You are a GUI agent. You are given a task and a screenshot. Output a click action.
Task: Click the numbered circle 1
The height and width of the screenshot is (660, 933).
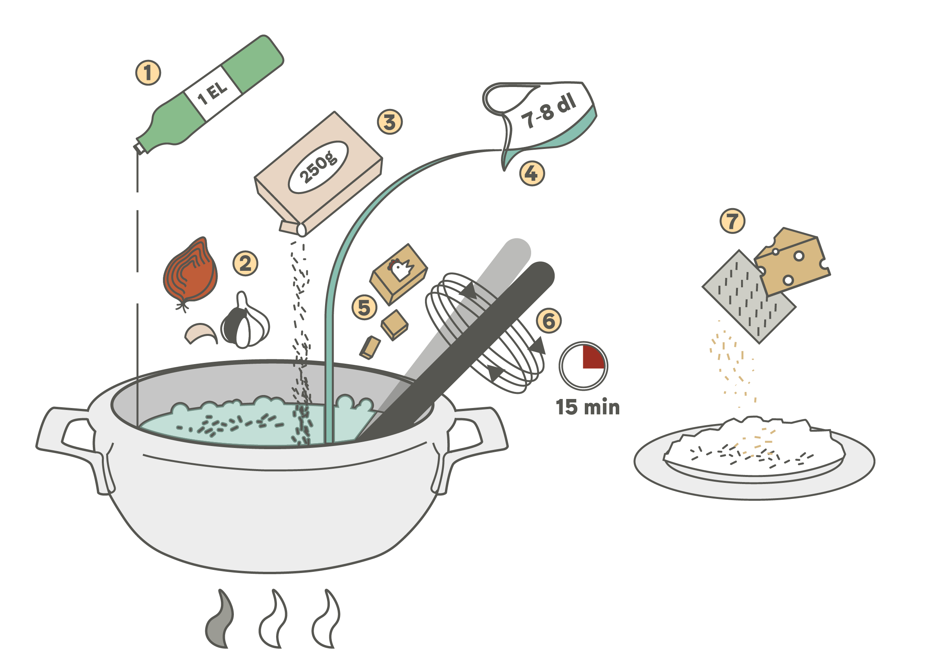(148, 73)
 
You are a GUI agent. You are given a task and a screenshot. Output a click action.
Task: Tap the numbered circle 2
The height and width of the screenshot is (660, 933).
(245, 264)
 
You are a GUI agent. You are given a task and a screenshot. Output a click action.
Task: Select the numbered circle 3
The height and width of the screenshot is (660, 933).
(390, 122)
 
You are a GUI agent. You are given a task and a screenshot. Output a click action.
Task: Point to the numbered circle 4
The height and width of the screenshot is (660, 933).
(532, 174)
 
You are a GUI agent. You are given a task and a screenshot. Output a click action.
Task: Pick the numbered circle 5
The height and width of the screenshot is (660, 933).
(364, 307)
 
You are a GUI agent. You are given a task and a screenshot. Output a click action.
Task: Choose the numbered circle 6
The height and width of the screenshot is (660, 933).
(549, 321)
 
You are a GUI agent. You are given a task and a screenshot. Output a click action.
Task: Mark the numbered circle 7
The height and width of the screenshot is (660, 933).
(732, 221)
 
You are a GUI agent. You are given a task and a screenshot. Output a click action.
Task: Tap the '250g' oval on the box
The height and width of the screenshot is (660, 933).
(318, 167)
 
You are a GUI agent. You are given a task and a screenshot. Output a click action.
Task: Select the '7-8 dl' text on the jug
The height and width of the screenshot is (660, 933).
(549, 111)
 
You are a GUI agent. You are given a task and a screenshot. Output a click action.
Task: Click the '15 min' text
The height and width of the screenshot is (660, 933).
(588, 408)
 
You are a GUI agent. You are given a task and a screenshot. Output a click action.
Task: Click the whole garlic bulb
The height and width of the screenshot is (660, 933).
(245, 321)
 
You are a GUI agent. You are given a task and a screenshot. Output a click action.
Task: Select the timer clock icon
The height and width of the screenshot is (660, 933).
(583, 366)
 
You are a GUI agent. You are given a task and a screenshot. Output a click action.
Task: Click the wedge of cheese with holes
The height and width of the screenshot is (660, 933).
(790, 261)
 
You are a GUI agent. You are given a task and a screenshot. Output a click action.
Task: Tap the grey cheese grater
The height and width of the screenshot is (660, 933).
(749, 297)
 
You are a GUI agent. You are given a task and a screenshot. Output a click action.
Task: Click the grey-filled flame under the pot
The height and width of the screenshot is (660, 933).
(220, 618)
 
